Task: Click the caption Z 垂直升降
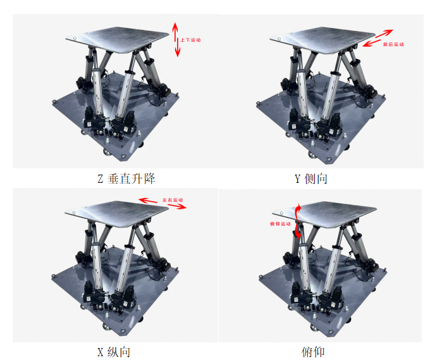coord(126,179)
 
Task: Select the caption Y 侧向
coord(311,179)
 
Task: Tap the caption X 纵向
coord(114,352)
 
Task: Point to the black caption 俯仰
coord(313,352)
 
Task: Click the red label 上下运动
coord(190,40)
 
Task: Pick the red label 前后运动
coord(393,44)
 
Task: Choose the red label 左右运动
coord(173,200)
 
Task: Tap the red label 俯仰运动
coord(280,224)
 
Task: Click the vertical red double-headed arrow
coord(176,40)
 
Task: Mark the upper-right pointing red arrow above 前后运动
coord(384,34)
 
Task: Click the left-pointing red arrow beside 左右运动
coord(148,201)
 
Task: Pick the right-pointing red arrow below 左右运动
coord(178,206)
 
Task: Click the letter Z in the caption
coord(100,179)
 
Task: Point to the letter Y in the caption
coord(298,179)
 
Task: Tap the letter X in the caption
coord(100,352)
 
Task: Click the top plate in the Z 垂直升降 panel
coord(117,39)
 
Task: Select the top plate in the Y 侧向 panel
coord(322,40)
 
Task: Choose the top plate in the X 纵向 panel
coord(117,214)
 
